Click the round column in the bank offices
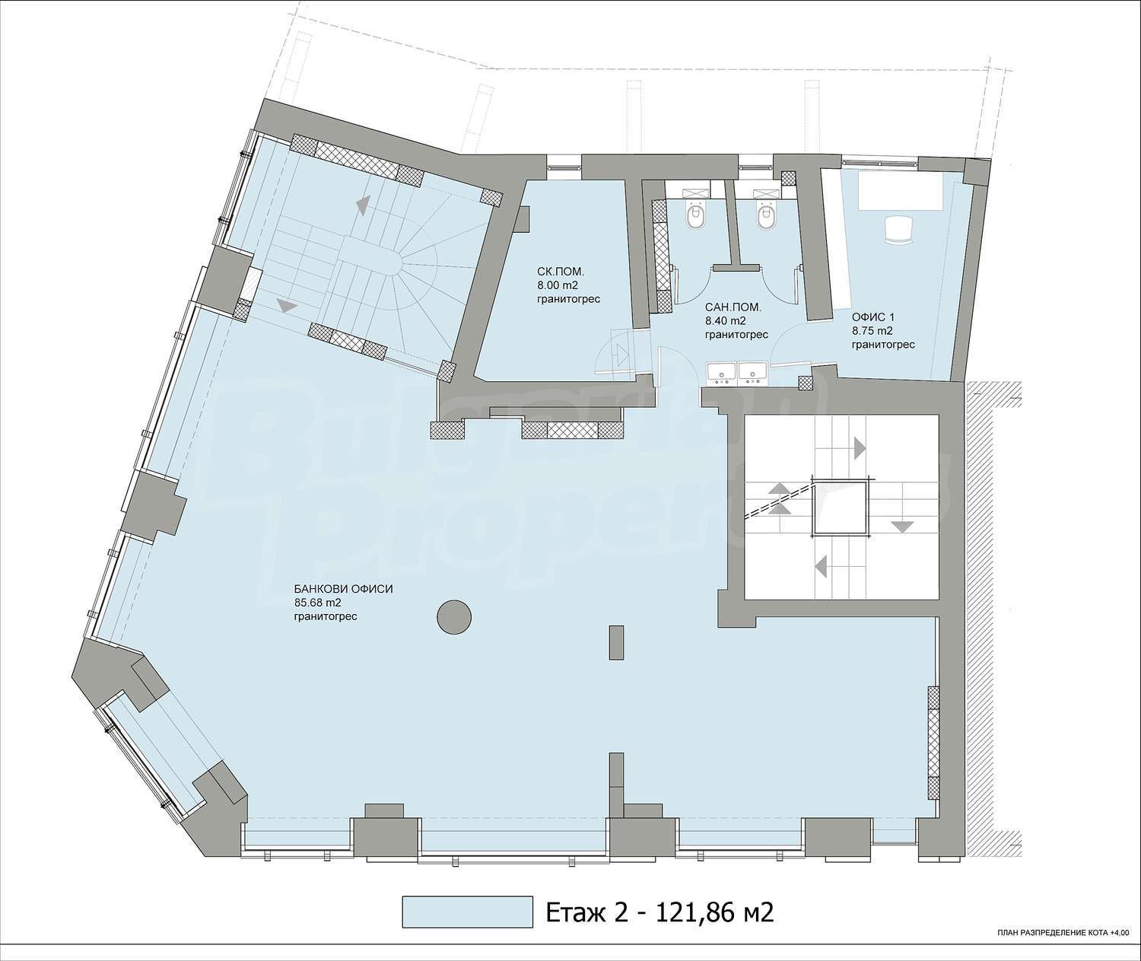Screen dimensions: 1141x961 pos(454,616)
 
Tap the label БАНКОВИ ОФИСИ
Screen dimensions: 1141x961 pos(344,589)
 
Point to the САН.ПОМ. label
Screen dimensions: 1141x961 pos(733,307)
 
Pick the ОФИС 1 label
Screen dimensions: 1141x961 pos(873,317)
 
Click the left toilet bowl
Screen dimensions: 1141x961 pos(696,218)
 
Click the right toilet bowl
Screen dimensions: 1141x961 pos(765,218)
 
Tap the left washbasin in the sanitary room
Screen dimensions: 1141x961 pos(722,373)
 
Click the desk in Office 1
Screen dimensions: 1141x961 pos(901,191)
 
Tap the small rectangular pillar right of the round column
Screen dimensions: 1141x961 pos(616,643)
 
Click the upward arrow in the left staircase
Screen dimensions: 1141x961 pos(362,205)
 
